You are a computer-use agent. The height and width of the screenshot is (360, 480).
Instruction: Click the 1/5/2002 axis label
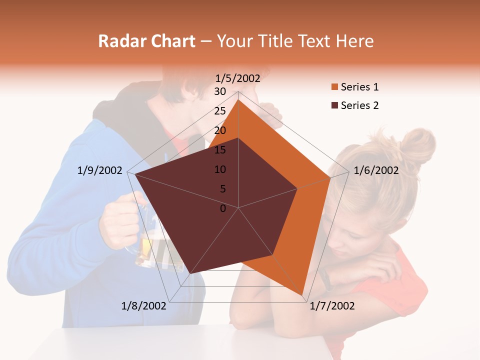(238, 78)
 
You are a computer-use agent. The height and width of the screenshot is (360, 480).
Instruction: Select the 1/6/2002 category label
(376, 170)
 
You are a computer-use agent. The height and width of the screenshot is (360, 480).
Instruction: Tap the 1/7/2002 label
(332, 306)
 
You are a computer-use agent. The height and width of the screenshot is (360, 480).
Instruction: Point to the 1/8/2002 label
(144, 306)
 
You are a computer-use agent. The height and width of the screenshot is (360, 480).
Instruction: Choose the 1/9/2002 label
(100, 170)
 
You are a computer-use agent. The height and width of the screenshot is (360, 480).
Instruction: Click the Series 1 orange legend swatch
(334, 87)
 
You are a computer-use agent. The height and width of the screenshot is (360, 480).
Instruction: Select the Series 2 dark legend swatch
(334, 105)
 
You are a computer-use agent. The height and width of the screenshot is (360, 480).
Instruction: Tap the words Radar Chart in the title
(146, 41)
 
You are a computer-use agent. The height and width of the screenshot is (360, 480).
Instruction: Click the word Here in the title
(355, 41)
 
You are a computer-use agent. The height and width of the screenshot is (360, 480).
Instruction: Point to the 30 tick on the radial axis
(220, 91)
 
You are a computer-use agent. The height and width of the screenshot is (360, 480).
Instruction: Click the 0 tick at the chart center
(223, 208)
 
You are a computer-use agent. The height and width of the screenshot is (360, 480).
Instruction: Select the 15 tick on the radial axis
(220, 150)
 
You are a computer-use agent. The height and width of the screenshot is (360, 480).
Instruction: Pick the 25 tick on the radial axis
(220, 111)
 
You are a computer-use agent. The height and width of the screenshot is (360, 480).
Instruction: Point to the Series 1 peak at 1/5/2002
(238, 99)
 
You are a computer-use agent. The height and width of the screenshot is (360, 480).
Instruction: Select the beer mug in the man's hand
(150, 245)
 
